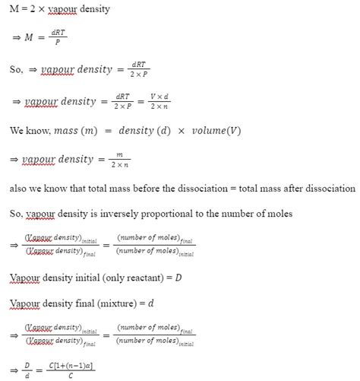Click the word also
tap(18, 188)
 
